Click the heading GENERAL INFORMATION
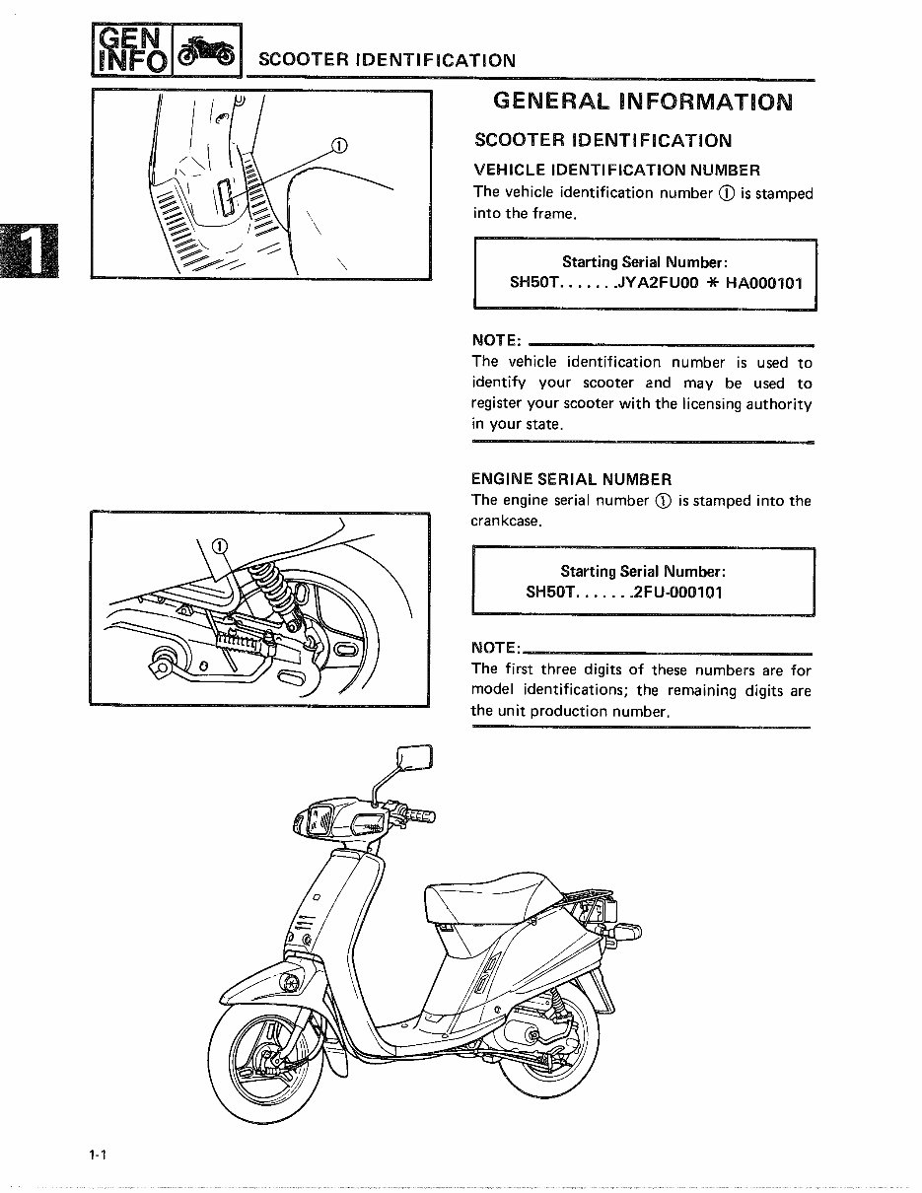click(641, 102)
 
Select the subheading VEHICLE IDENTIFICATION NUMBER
click(616, 171)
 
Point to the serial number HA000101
click(764, 283)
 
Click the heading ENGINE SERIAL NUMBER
click(571, 480)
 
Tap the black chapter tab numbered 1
click(31, 252)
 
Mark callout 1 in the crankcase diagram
click(219, 546)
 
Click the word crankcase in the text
click(507, 521)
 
